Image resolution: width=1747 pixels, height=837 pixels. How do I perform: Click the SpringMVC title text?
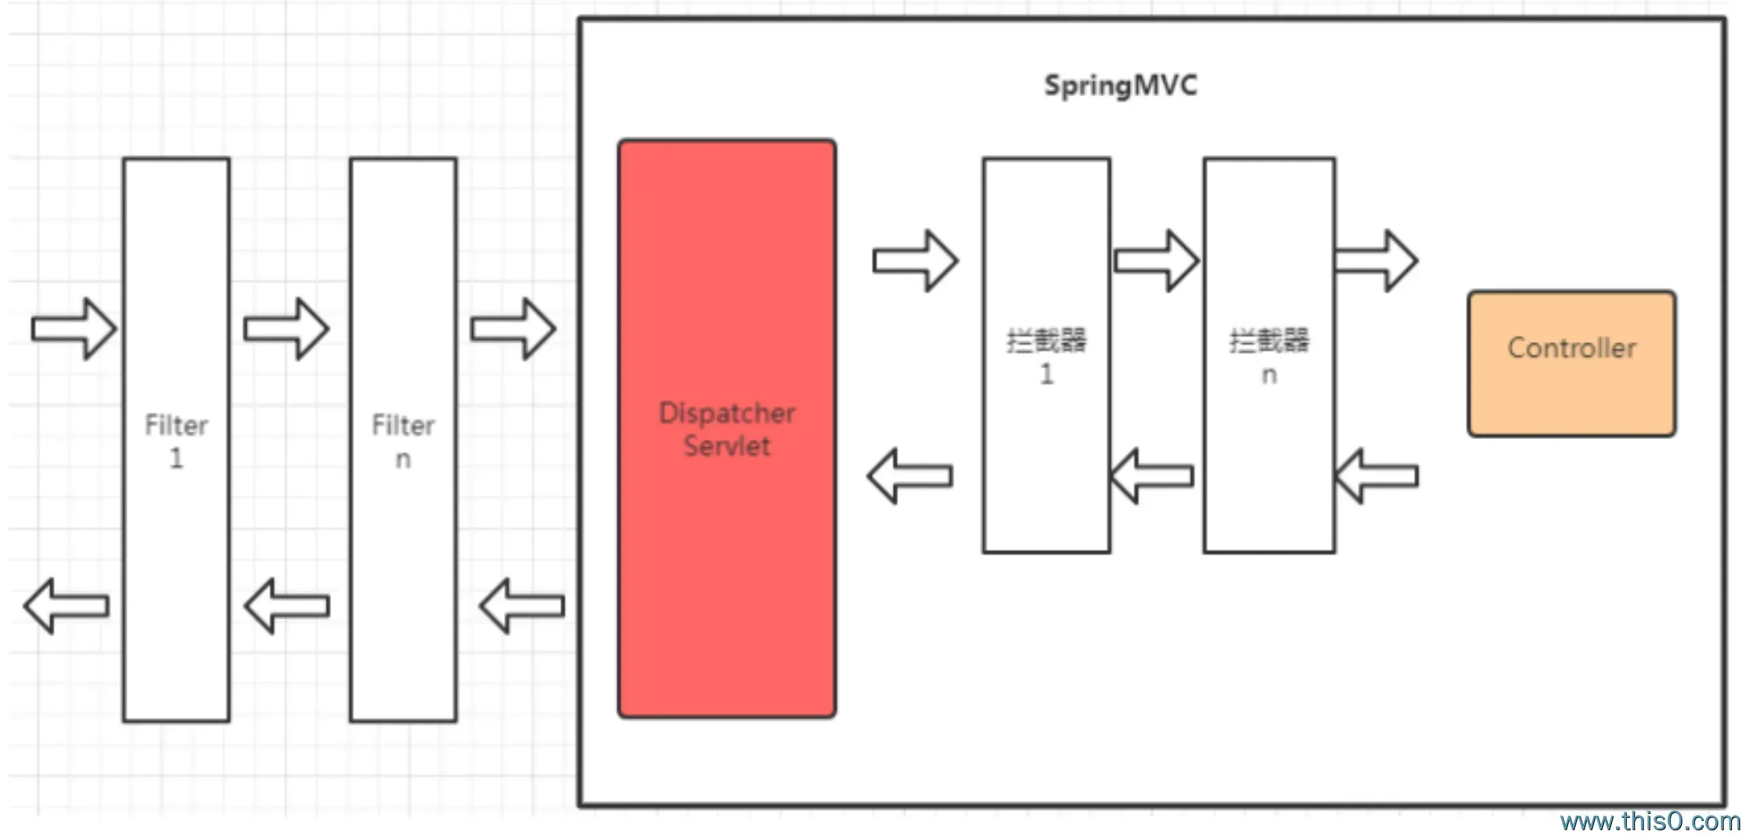1120,86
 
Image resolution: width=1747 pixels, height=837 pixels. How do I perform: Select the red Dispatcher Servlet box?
727,429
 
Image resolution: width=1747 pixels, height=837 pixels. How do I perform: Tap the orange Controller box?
1572,363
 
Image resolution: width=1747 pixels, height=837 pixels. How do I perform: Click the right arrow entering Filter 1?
74,329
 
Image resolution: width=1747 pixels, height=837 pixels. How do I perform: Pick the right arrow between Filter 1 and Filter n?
287,329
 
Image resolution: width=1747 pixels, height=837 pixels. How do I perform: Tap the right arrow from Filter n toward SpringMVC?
513,329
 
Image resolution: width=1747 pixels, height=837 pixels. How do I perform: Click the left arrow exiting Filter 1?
67,606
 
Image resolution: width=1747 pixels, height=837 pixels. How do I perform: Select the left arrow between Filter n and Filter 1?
287,606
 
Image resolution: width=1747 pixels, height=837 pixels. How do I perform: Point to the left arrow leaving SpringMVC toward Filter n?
522,606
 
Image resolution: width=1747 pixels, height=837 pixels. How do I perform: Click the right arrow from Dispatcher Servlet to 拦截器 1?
916,261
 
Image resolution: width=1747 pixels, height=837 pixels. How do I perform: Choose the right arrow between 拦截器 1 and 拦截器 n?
1156,261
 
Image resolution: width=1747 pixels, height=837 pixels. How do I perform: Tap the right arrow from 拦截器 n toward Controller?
1376,261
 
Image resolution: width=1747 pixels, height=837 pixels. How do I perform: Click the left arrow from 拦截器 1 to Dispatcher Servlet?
910,476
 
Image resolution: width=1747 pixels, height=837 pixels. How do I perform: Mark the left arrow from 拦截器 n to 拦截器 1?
1152,476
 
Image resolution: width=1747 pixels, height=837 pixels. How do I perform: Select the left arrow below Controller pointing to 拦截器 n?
1376,476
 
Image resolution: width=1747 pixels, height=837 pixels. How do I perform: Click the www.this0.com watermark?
1649,821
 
